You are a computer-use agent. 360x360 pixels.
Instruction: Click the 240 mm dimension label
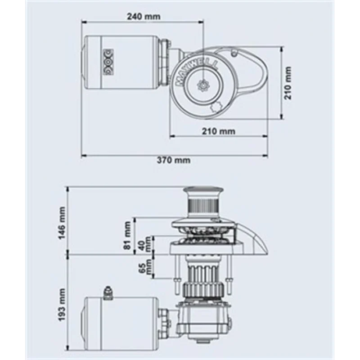tap(144, 17)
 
